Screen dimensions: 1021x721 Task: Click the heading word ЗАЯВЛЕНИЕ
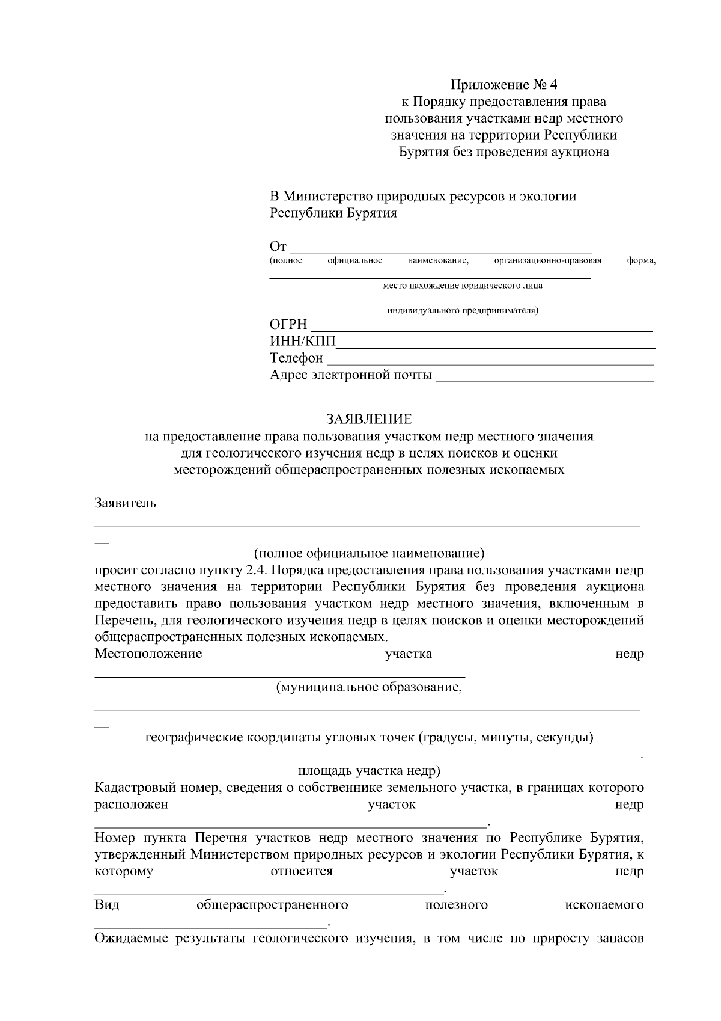(x=369, y=419)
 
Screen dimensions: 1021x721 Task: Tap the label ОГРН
(x=288, y=325)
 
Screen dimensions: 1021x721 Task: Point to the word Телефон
(x=296, y=358)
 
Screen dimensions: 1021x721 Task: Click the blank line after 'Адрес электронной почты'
(x=544, y=379)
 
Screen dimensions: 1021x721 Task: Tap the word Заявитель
(x=125, y=503)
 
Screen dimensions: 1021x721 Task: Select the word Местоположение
(x=148, y=654)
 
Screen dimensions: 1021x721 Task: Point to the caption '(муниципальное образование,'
(x=369, y=687)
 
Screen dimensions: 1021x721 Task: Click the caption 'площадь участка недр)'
(x=369, y=771)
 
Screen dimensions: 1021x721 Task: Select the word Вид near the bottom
(x=106, y=905)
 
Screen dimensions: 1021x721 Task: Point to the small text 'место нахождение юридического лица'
(x=462, y=286)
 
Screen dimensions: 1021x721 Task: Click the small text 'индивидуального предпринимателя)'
(x=462, y=311)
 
